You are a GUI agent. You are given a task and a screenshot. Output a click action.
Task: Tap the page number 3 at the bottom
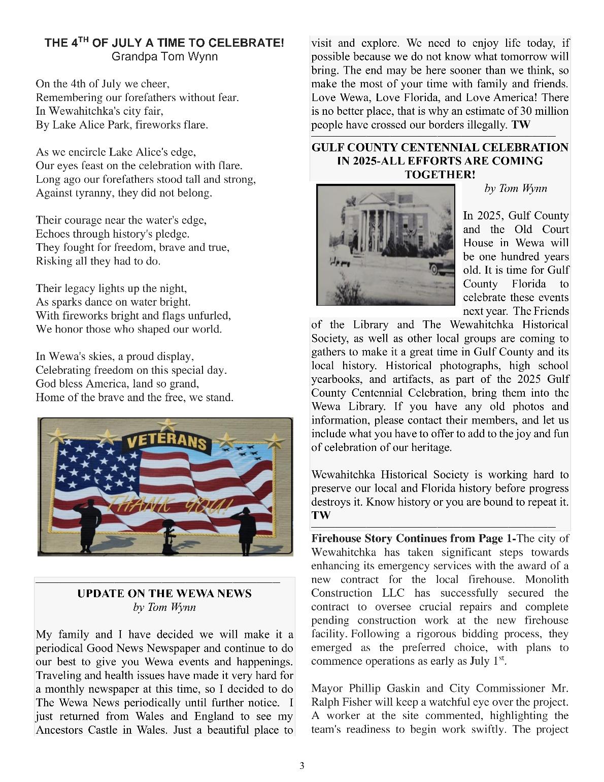click(x=302, y=766)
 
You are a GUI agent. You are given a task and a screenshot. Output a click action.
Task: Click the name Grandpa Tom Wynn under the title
click(x=164, y=56)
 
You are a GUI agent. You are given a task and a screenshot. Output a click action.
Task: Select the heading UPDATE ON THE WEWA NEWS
click(x=164, y=594)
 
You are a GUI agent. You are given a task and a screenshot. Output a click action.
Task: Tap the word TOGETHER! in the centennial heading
click(x=440, y=175)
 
